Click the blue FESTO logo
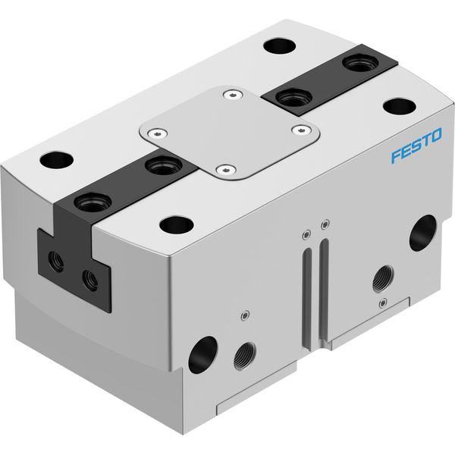(416, 145)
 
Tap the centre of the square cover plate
(230, 133)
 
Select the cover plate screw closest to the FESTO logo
(302, 130)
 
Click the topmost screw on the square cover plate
(233, 95)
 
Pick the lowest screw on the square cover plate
(226, 169)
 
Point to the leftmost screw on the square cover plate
(157, 133)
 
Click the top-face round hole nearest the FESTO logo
(400, 106)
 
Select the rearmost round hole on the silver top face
(280, 45)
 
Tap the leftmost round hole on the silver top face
(57, 160)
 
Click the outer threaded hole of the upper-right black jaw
(360, 63)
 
